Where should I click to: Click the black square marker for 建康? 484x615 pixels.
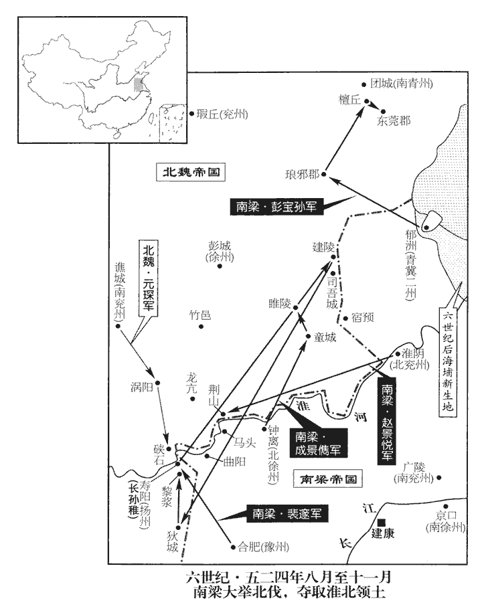click(x=381, y=522)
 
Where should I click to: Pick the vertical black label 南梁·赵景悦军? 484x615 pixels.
click(x=386, y=422)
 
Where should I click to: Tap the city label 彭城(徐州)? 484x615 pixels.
click(x=219, y=252)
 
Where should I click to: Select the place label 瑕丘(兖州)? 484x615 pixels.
click(x=218, y=114)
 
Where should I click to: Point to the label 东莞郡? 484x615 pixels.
click(x=394, y=121)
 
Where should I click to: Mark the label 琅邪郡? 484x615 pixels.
click(x=302, y=175)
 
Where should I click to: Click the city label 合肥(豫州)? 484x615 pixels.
click(x=264, y=547)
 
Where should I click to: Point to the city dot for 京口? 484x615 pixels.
click(x=445, y=507)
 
